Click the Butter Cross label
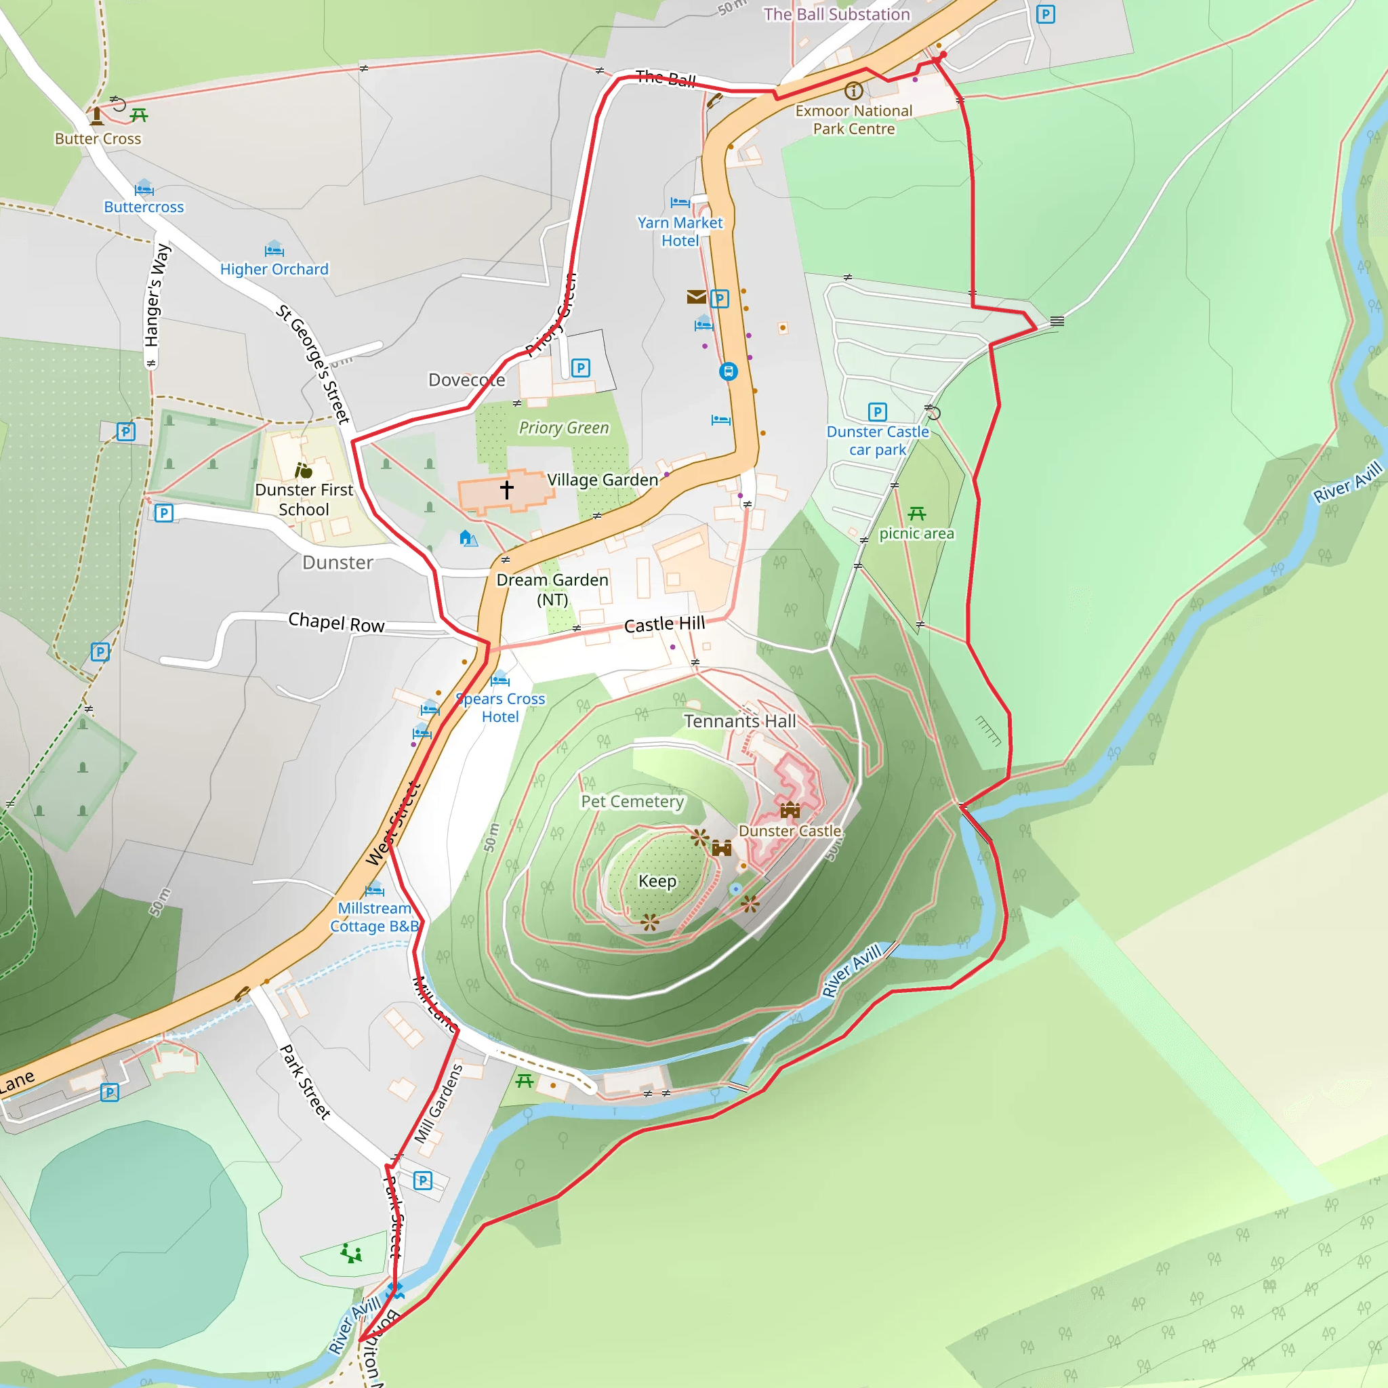click(x=98, y=139)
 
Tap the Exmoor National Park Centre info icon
click(x=853, y=91)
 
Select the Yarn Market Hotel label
click(x=680, y=231)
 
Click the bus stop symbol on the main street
click(x=729, y=371)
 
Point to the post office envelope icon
click(x=696, y=297)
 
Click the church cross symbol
click(x=506, y=490)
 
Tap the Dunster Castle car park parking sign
click(x=877, y=411)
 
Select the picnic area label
click(x=917, y=533)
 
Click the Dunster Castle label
click(x=790, y=830)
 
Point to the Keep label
click(x=657, y=881)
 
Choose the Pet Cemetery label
click(x=632, y=801)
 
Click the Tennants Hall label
click(x=740, y=720)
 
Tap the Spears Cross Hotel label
click(x=501, y=708)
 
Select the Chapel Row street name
click(x=336, y=622)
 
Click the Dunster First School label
click(x=304, y=499)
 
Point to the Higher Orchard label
click(x=274, y=270)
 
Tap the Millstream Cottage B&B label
click(x=374, y=918)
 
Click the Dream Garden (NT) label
click(x=552, y=589)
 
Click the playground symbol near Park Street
click(x=351, y=1253)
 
